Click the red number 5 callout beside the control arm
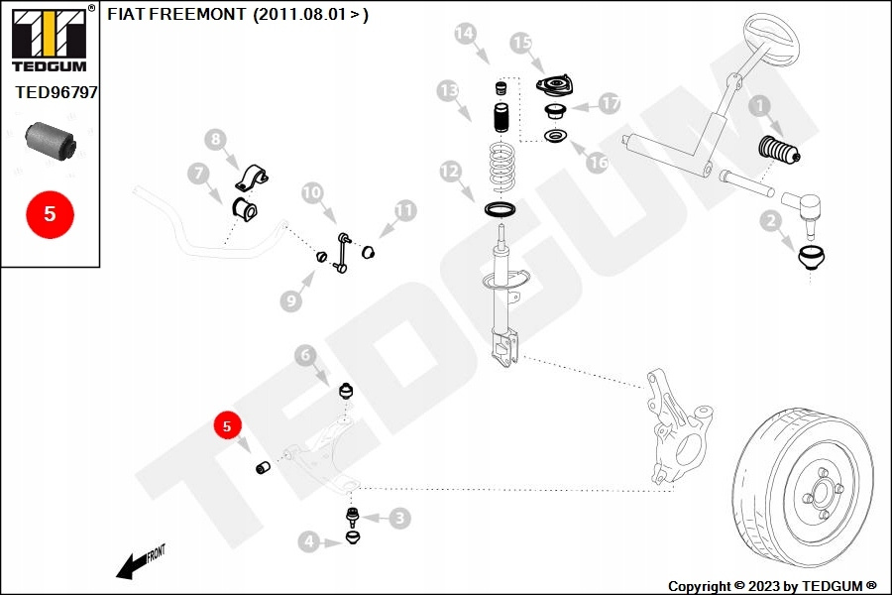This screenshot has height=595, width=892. coord(227,426)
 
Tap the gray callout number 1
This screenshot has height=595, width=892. coord(759,105)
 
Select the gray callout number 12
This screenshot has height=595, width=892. coord(451,172)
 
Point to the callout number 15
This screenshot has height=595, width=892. coord(521,43)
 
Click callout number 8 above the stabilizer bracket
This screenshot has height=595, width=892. coord(216,140)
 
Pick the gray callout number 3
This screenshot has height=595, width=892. coord(399,517)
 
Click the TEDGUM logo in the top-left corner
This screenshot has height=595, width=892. coord(49,39)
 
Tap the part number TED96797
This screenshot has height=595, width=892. coord(56,92)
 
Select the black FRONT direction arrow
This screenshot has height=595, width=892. coord(132,565)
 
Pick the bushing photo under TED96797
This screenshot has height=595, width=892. coord(50,140)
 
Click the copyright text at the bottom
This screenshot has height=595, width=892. coord(772,586)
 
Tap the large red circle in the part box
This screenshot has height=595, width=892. coord(50,213)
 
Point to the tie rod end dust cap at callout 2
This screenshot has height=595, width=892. coord(814,260)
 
